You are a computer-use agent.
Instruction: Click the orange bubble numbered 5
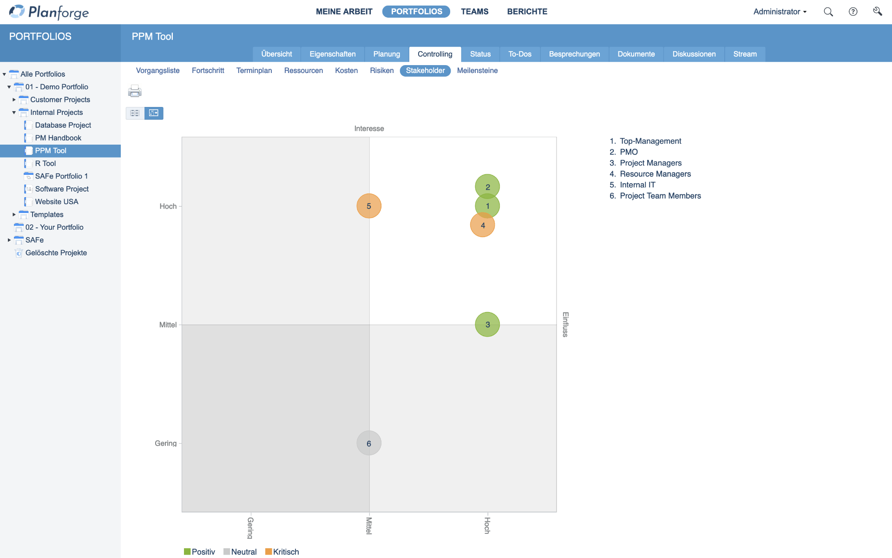click(x=369, y=206)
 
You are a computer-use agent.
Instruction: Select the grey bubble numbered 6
click(x=369, y=443)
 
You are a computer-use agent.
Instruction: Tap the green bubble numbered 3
click(x=487, y=325)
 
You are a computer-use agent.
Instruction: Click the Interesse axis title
click(x=369, y=128)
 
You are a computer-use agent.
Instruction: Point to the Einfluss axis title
click(x=565, y=325)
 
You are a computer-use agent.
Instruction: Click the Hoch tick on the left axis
click(x=168, y=206)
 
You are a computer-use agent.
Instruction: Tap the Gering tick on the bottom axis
click(x=250, y=528)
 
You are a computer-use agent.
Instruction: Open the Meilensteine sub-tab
click(x=477, y=71)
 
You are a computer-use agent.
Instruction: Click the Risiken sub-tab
click(x=381, y=71)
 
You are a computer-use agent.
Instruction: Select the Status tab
click(x=480, y=54)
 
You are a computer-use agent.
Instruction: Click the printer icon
click(x=135, y=91)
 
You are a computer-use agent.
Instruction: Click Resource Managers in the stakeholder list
click(x=655, y=174)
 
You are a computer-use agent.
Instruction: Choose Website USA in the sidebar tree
click(x=57, y=202)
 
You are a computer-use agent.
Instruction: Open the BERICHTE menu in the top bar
click(x=527, y=12)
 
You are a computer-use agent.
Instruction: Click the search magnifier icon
click(x=828, y=12)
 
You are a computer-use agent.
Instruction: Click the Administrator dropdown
click(x=780, y=12)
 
